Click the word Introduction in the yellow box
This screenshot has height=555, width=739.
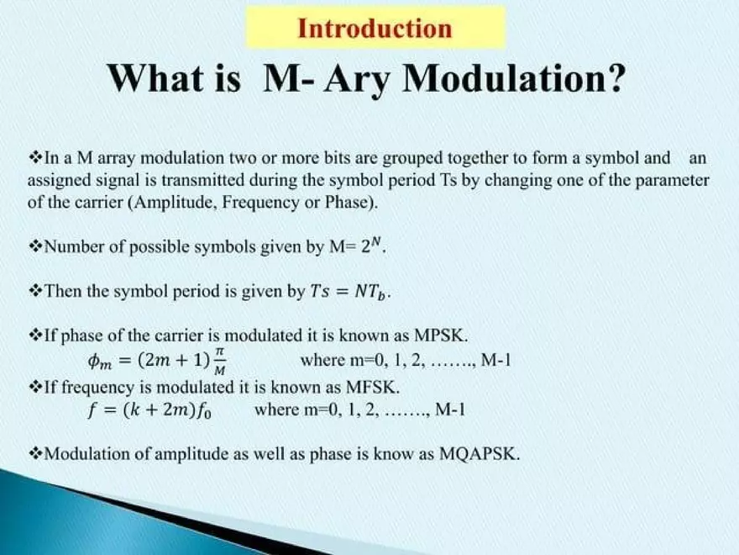point(375,29)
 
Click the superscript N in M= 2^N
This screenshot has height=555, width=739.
point(378,242)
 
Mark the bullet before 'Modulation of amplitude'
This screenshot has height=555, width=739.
point(34,455)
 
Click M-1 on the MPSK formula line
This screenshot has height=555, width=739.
point(495,362)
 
